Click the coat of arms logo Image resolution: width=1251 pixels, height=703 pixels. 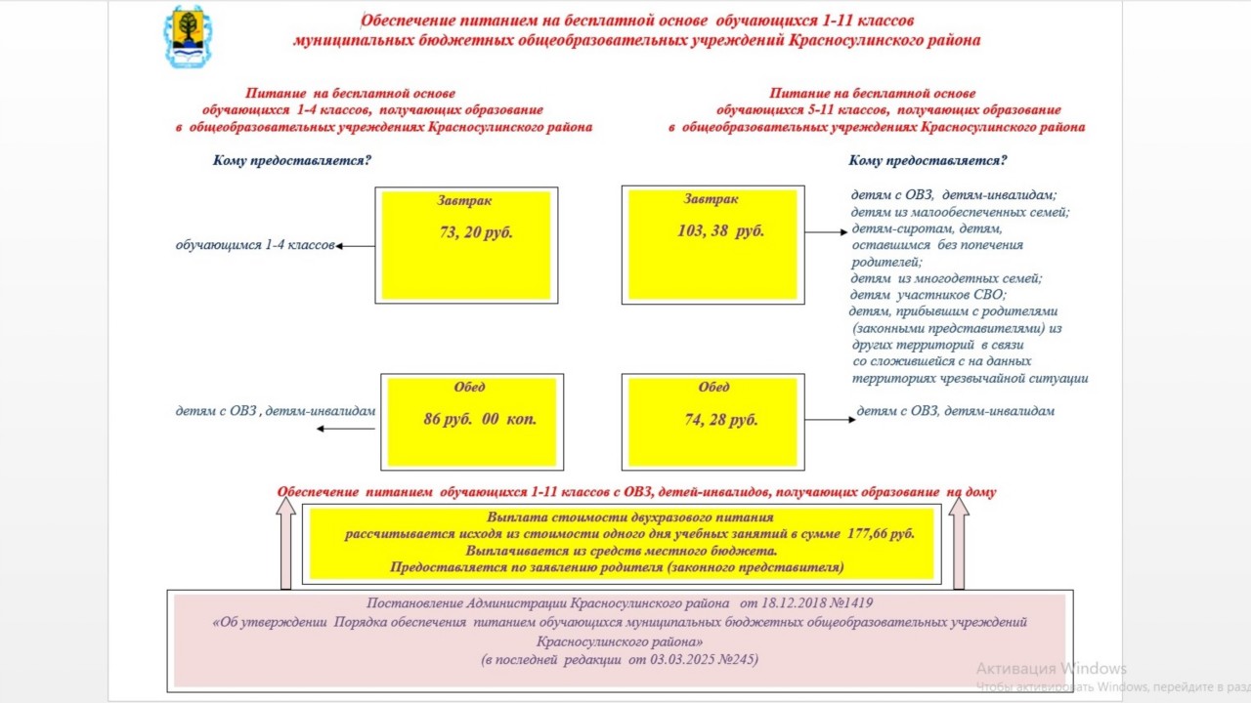click(186, 37)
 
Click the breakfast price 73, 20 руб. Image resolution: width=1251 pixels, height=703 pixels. click(476, 232)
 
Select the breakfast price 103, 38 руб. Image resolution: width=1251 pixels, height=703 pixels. click(720, 231)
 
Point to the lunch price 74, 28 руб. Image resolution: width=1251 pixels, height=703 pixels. click(721, 420)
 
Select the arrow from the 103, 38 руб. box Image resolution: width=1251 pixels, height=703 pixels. click(826, 232)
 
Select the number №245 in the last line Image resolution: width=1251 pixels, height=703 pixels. click(735, 660)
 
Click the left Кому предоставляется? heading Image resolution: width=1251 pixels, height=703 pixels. click(292, 160)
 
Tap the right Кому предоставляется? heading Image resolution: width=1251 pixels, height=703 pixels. click(927, 160)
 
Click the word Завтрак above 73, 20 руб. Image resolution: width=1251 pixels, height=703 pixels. click(464, 200)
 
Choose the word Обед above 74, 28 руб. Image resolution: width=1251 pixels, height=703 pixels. click(713, 388)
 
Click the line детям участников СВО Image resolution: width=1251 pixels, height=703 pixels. click(927, 295)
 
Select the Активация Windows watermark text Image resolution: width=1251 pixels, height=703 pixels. click(1051, 669)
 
